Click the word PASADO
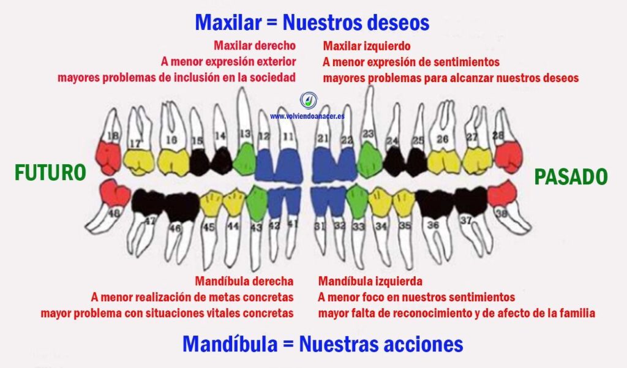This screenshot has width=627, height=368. coord(571,177)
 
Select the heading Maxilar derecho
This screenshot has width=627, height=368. coord(255,46)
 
